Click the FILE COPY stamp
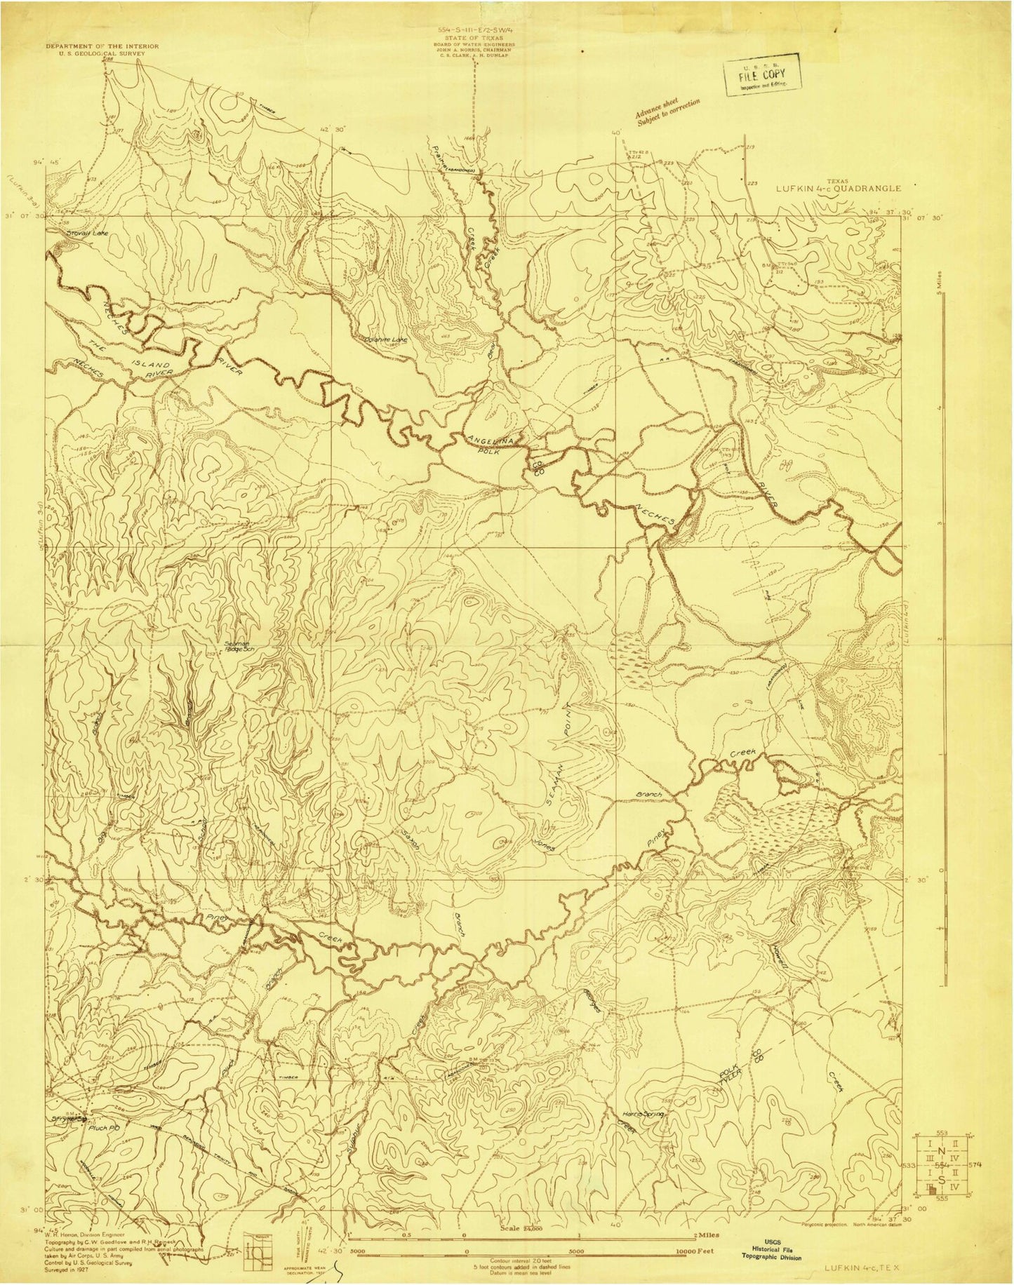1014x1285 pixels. pos(761,72)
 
